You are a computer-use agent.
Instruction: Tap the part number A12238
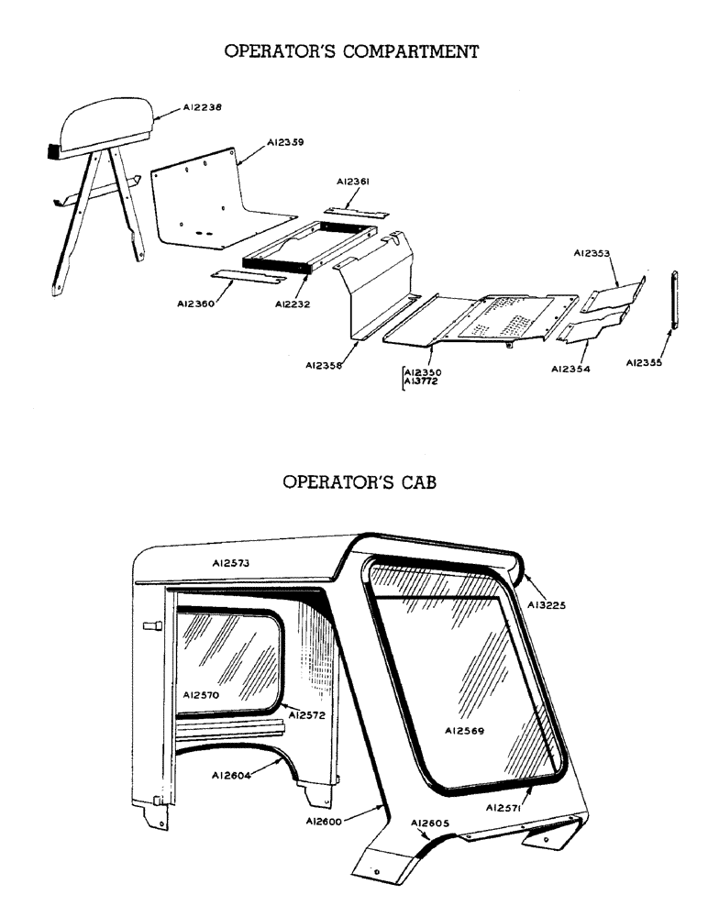coord(203,107)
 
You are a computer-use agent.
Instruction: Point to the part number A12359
coord(285,142)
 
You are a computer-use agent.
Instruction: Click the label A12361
coord(353,182)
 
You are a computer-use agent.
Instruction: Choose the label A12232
coord(293,304)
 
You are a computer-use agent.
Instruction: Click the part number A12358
coord(326,365)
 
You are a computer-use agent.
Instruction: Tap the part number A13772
coord(422,381)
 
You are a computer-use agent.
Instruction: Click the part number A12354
coord(570,369)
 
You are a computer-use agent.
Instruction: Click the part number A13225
coord(547,605)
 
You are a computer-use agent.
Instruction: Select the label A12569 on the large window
coord(464,731)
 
